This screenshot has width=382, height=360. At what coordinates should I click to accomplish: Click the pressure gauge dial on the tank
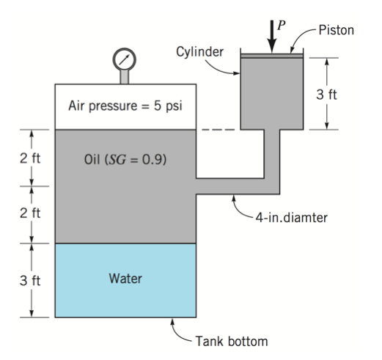[125, 58]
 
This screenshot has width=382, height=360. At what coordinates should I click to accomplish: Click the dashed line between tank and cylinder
[218, 131]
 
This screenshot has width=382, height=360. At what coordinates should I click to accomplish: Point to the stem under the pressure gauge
[125, 76]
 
